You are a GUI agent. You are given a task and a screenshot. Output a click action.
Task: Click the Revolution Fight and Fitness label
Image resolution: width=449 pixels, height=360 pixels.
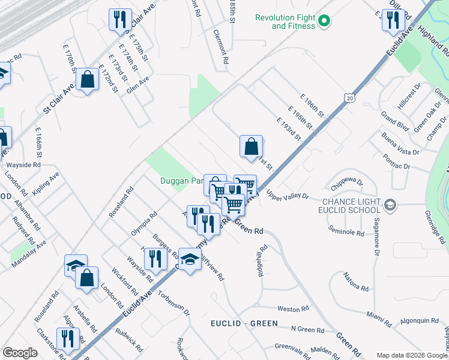click(285, 22)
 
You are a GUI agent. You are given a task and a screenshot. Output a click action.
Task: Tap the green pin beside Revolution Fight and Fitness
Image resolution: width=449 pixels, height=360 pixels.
click(324, 22)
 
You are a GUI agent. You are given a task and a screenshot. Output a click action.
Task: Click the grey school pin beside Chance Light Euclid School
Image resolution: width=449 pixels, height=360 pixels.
click(390, 206)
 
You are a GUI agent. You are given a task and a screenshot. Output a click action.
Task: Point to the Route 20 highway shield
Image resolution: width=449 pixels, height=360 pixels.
click(349, 97)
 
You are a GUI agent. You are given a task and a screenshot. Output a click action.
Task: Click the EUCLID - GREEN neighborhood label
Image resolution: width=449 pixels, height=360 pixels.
click(244, 323)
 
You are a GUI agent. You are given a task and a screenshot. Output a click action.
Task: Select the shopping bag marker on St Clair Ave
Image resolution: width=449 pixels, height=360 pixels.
click(88, 79)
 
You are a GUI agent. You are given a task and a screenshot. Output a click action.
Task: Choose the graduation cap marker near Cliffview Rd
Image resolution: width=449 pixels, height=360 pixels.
click(190, 260)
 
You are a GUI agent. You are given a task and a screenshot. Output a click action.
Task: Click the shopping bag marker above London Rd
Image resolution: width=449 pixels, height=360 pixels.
click(87, 278)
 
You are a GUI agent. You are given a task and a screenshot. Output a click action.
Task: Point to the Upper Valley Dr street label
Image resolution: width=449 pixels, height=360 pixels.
click(288, 196)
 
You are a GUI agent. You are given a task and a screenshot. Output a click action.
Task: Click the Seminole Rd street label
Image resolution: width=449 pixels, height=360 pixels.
click(346, 230)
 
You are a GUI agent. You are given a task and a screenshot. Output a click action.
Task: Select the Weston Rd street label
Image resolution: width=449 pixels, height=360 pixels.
click(293, 308)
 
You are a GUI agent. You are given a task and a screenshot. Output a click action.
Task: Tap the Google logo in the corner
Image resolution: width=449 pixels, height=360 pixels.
click(19, 353)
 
